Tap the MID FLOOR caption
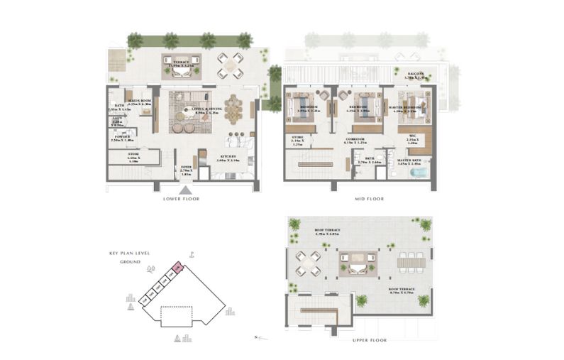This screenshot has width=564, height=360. (x=369, y=199)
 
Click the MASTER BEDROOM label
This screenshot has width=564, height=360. (x=408, y=109)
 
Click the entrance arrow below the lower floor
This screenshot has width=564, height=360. (x=185, y=190)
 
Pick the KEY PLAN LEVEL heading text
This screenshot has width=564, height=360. (x=128, y=253)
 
